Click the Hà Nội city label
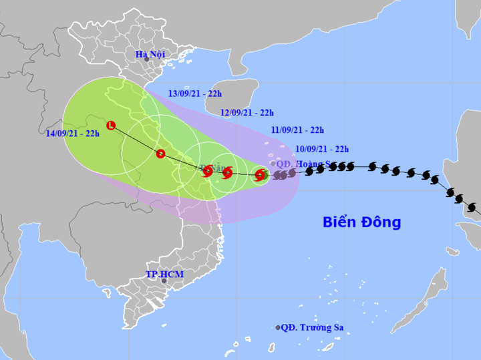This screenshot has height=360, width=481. click(x=150, y=54)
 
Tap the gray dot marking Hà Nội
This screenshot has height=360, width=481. click(x=147, y=60)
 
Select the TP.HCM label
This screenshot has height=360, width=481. click(x=165, y=275)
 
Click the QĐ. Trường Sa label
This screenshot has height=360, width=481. click(x=316, y=327)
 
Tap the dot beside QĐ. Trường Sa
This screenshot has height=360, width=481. click(x=278, y=327)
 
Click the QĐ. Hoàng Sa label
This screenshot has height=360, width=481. click(x=305, y=163)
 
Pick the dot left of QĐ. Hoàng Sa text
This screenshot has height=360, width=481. click(x=273, y=163)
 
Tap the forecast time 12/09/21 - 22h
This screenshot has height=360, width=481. click(x=248, y=112)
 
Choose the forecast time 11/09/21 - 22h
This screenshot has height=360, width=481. click(x=297, y=130)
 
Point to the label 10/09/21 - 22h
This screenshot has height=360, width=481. click(x=323, y=149)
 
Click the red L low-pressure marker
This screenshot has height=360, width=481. click(x=111, y=125)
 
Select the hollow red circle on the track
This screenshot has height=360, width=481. click(x=160, y=154)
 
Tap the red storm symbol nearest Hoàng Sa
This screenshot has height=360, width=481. click(x=259, y=175)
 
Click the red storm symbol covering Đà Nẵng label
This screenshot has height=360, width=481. click(x=207, y=171)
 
